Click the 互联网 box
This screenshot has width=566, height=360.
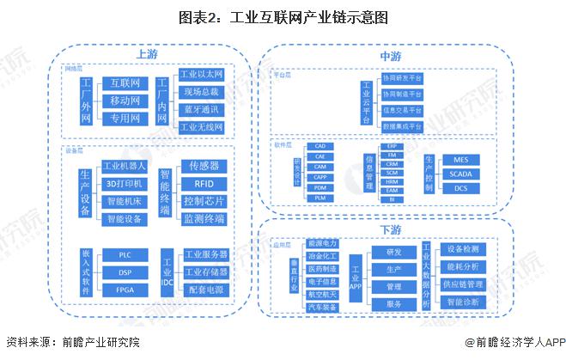[125, 83]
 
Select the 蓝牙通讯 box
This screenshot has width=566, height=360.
[201, 109]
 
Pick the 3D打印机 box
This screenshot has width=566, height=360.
[125, 183]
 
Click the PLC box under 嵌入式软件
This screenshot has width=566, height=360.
[125, 255]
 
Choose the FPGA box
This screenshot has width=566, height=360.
[125, 290]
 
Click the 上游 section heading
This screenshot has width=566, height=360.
[147, 53]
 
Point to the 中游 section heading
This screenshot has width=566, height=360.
[391, 57]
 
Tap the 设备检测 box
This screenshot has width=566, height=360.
[466, 249]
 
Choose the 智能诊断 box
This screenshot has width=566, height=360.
[466, 302]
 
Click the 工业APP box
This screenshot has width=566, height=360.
[356, 277]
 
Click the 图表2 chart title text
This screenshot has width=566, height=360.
[283, 15]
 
